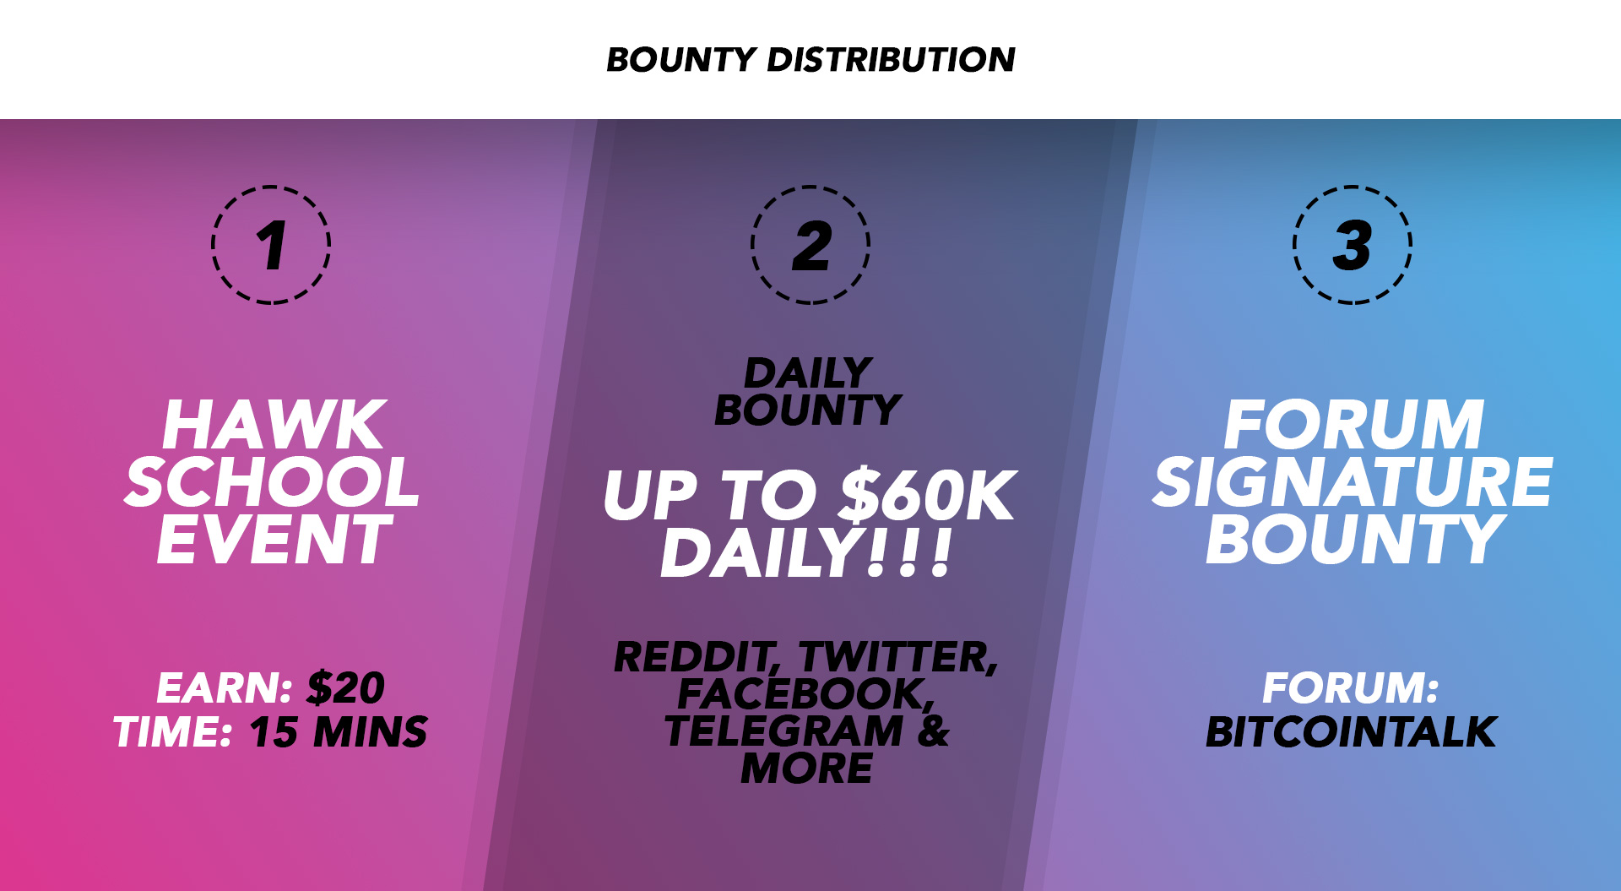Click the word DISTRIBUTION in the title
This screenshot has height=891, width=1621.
[891, 59]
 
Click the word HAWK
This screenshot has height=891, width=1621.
[274, 425]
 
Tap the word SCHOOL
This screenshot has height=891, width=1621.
[272, 482]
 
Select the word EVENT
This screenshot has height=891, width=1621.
[274, 540]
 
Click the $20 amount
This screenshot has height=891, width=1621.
[346, 687]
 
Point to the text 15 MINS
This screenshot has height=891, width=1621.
[339, 731]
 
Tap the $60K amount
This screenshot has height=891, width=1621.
[928, 496]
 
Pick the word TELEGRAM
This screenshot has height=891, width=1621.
[784, 731]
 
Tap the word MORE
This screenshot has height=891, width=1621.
[807, 768]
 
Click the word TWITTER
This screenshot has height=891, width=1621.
[898, 658]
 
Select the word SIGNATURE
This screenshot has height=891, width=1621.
[1353, 482]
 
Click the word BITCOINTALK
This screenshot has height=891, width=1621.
[1351, 731]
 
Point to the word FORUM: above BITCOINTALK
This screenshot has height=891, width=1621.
[1351, 687]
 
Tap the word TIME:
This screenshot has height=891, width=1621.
[173, 731]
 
